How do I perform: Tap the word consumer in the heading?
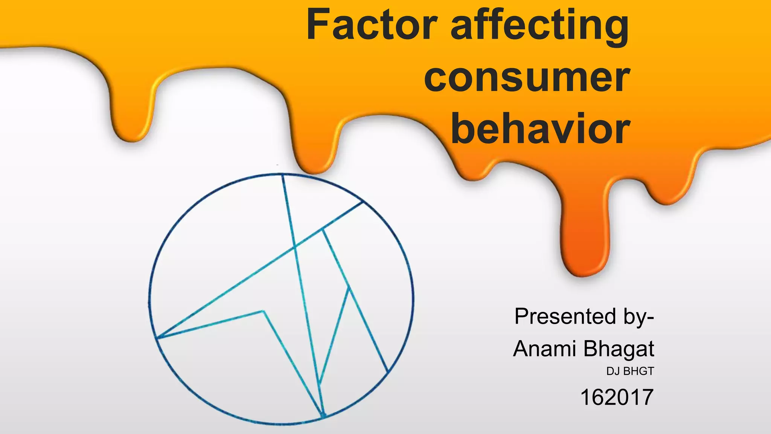(x=527, y=78)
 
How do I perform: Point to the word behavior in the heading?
(x=540, y=129)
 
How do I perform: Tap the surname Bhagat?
(x=619, y=349)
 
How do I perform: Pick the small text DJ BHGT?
(x=630, y=371)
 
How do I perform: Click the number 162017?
(x=617, y=397)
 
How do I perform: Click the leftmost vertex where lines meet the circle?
(x=157, y=338)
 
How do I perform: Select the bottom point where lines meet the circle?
(x=323, y=417)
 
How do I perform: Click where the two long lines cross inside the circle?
(x=295, y=247)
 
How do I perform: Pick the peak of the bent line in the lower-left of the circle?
(x=264, y=311)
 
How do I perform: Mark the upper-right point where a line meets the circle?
(x=363, y=202)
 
